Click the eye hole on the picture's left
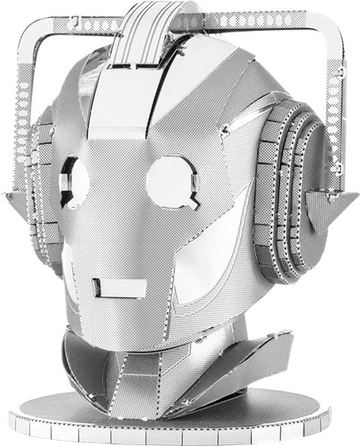73,182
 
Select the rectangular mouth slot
119,288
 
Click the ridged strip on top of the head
144,30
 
